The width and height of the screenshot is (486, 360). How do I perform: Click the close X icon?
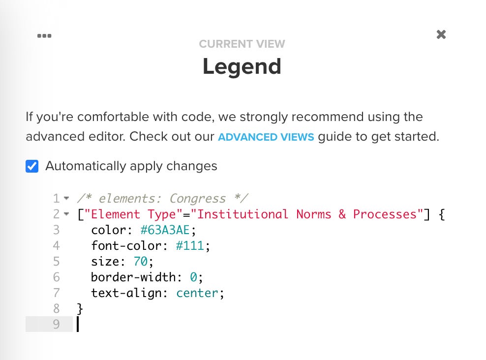point(441,34)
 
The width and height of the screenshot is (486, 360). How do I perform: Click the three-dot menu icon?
point(44,35)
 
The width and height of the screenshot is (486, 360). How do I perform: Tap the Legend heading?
point(242,66)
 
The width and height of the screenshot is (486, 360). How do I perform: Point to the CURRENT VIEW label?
point(242,44)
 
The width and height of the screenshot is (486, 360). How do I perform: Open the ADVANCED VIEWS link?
point(266,137)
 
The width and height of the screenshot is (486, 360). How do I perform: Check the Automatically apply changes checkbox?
point(32,166)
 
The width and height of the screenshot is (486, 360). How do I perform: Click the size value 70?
point(140,261)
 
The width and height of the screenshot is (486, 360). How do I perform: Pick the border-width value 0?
point(193,277)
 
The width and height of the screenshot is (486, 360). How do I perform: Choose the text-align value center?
point(197,293)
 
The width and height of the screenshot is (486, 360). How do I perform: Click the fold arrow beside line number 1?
point(66,198)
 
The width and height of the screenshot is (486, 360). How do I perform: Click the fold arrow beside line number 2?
point(66,214)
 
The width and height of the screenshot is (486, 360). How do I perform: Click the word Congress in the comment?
point(197,199)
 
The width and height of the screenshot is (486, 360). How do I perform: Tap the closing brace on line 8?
point(80,309)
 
